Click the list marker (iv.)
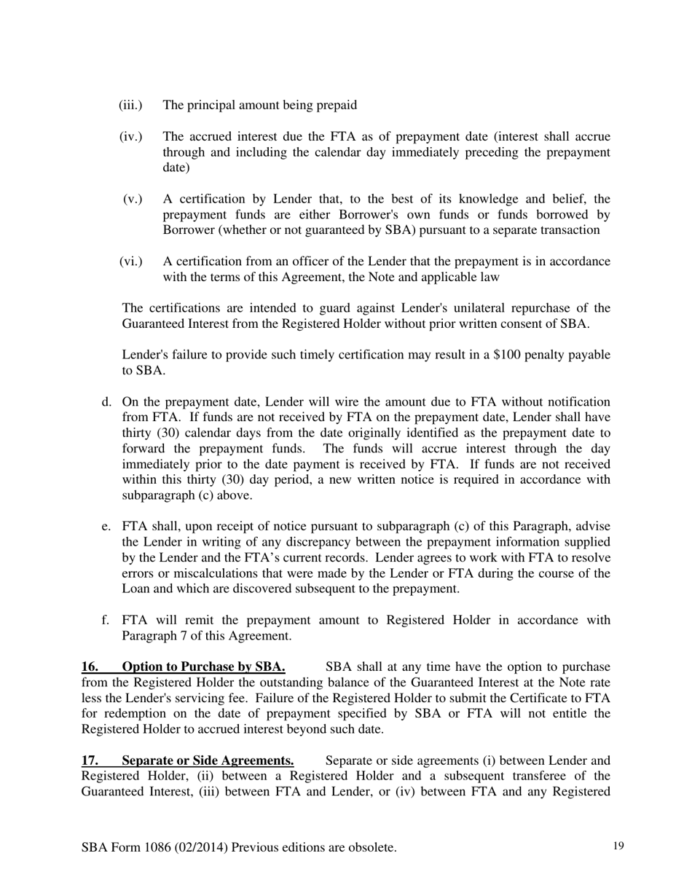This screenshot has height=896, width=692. (130, 137)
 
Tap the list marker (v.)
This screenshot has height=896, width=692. (133, 199)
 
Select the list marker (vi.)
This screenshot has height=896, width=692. (130, 261)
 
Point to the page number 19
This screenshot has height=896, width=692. (618, 846)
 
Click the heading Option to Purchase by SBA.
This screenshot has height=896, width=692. (203, 667)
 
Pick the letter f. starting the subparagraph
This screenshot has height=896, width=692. (106, 620)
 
